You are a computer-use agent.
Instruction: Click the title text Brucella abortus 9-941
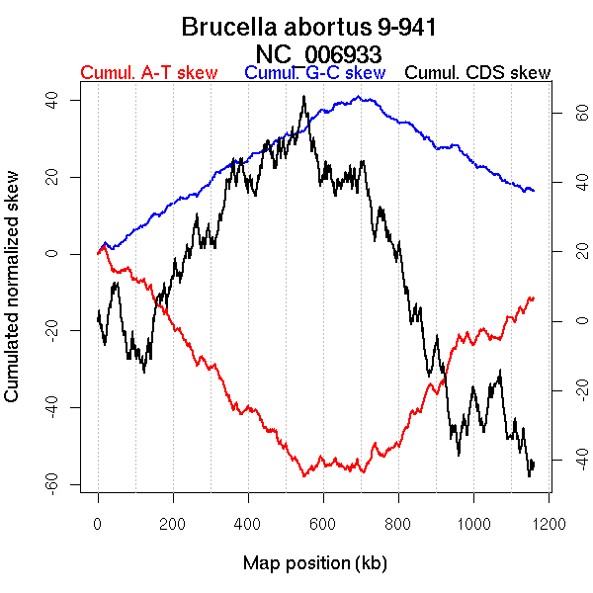coord(309,28)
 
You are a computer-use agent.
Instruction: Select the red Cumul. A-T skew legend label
coord(148,74)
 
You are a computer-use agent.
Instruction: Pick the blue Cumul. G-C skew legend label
coord(314,74)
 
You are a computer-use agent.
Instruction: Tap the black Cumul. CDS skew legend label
coord(478,74)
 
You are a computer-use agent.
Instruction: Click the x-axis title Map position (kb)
coord(313,563)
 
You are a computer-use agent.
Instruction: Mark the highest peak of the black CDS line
coord(304,97)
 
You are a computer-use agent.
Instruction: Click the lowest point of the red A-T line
coord(304,476)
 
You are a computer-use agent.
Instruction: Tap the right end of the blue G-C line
coord(534,190)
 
